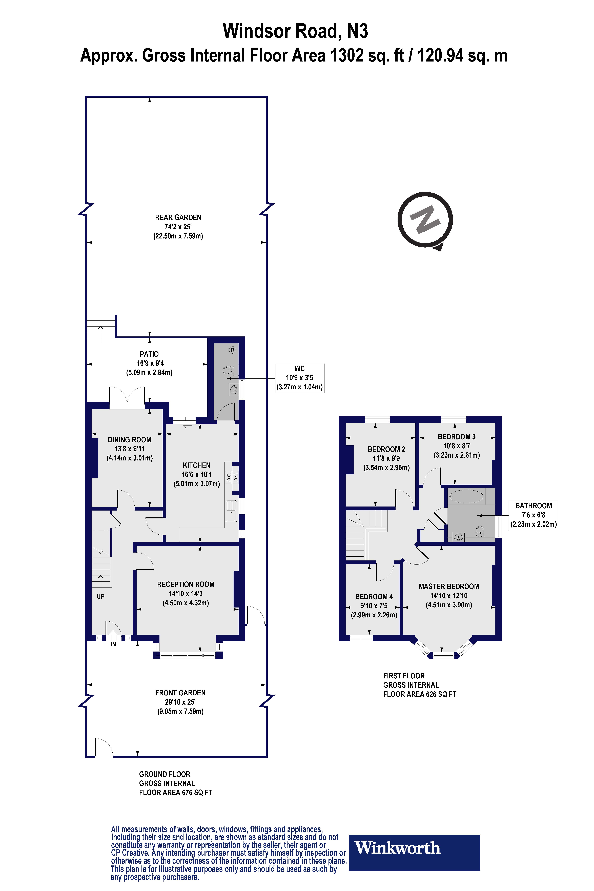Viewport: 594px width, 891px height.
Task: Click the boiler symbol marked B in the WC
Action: (233, 350)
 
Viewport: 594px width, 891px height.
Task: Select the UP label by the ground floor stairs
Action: (100, 596)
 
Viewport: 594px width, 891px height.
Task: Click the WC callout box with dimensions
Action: (299, 378)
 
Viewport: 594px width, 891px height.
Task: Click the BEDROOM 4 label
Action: (374, 597)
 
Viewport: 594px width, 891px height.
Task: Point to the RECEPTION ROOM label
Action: (186, 584)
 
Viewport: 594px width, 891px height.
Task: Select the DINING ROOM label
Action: (130, 440)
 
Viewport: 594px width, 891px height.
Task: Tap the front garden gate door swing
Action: (103, 747)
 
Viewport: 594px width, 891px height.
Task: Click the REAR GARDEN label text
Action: (178, 217)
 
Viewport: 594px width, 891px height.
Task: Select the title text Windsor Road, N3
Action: (295, 31)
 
